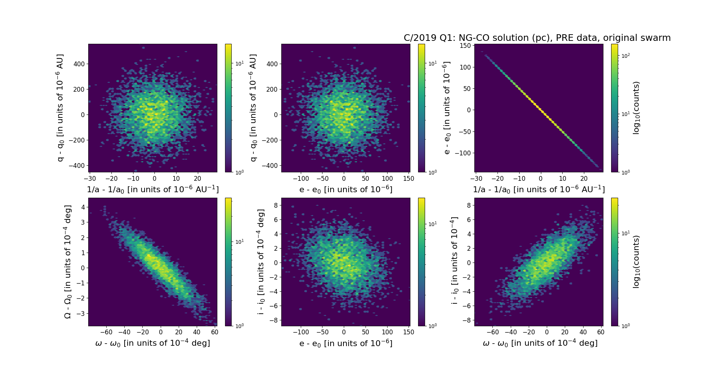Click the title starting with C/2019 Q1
coord(537,38)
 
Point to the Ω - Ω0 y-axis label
coord(68,262)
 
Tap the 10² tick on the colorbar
coord(625,56)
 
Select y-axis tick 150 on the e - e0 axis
coord(466,46)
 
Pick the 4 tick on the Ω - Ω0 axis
coord(83,207)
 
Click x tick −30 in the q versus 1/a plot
coord(90,179)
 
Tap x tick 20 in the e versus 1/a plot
coord(584,179)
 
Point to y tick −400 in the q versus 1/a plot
coord(76,166)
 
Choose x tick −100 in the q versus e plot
coord(301,179)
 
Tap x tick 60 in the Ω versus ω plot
coord(215,332)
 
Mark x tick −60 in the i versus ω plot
coord(493,332)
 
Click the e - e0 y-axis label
coord(446,108)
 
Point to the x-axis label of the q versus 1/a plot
coord(153,190)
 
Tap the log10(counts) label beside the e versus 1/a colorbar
coord(637,108)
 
